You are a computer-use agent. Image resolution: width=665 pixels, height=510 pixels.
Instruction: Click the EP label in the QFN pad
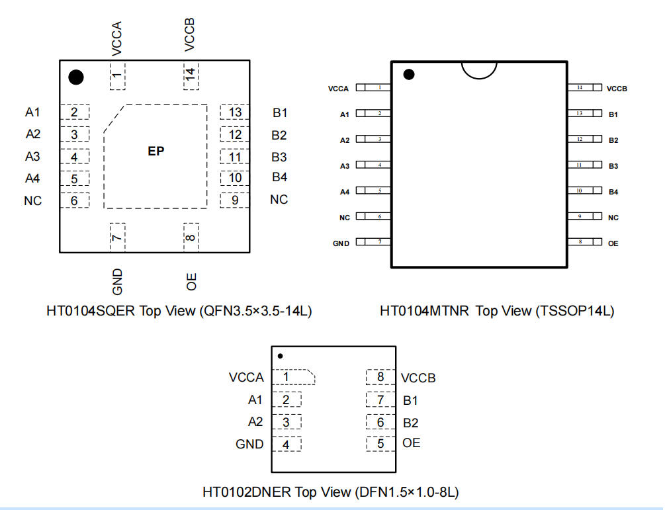(156, 151)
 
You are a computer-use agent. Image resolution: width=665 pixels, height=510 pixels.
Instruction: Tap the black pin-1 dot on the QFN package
(76, 77)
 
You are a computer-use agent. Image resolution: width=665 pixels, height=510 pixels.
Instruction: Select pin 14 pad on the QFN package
(191, 75)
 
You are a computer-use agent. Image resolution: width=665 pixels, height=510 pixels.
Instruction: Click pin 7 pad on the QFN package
(117, 237)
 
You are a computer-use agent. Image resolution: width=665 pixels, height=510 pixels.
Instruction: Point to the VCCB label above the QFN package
(190, 35)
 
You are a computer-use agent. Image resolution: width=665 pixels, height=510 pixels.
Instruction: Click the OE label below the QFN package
(191, 281)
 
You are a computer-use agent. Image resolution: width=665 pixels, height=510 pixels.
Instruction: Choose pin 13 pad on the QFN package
(235, 112)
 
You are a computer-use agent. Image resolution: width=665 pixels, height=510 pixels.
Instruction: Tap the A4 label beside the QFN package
(32, 178)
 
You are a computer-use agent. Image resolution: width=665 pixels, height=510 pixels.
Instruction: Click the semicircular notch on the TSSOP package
(478, 69)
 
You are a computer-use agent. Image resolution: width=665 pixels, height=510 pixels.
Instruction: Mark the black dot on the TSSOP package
(409, 74)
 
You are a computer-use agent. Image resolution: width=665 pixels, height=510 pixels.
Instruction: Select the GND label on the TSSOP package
(341, 243)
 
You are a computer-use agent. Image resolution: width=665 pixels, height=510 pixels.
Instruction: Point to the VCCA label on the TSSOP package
(338, 88)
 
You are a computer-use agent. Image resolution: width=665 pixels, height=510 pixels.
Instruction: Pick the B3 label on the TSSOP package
(613, 166)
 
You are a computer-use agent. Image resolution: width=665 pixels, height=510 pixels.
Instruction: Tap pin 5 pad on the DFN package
(380, 444)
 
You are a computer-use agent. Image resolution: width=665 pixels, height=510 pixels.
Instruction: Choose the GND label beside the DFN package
(249, 445)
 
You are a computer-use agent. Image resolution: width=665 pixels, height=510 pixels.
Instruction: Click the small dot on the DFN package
(281, 356)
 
